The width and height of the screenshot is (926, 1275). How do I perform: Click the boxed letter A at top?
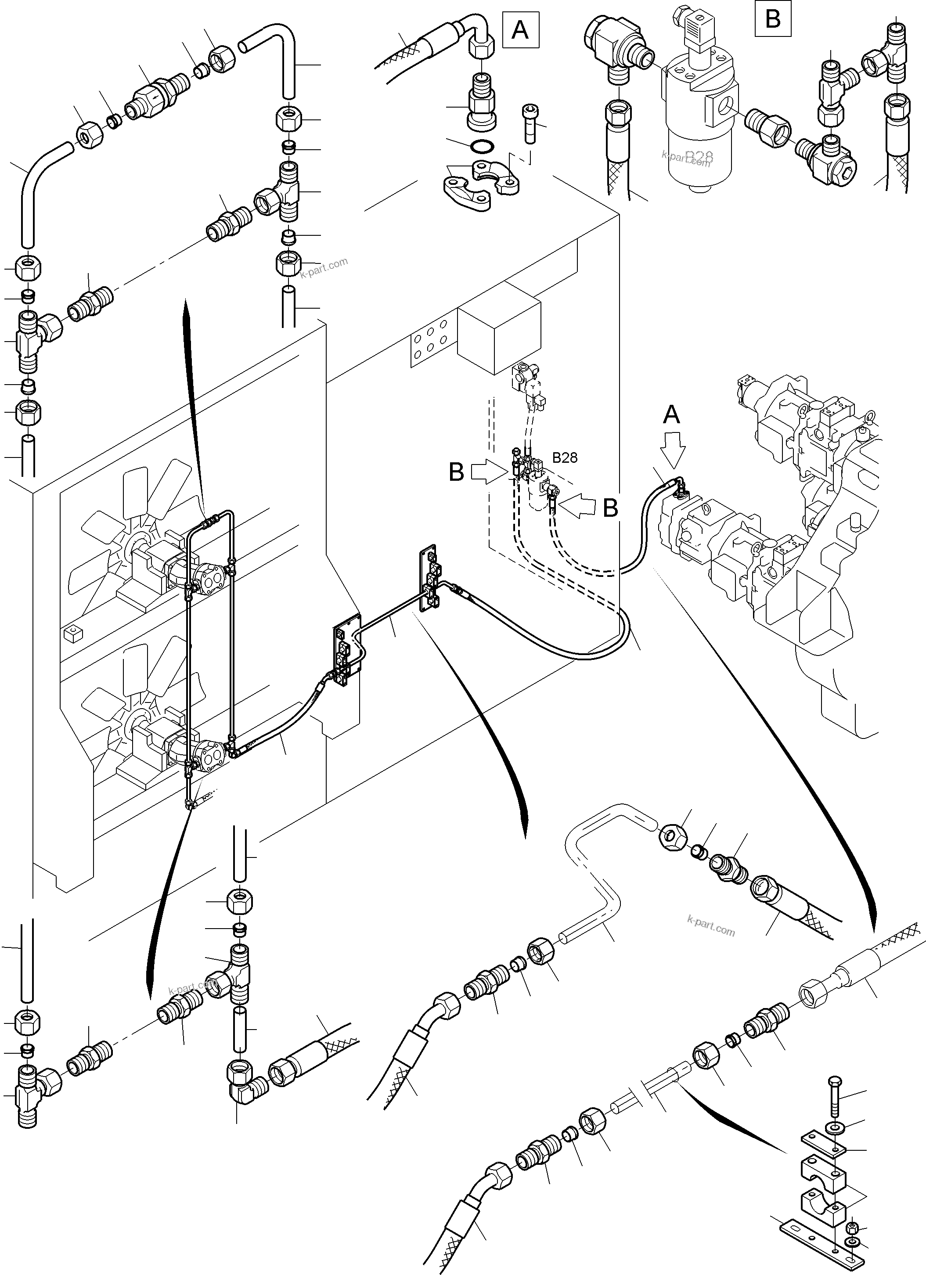pyautogui.click(x=520, y=30)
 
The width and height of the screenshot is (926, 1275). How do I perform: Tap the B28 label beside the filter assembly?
pyautogui.click(x=565, y=457)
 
